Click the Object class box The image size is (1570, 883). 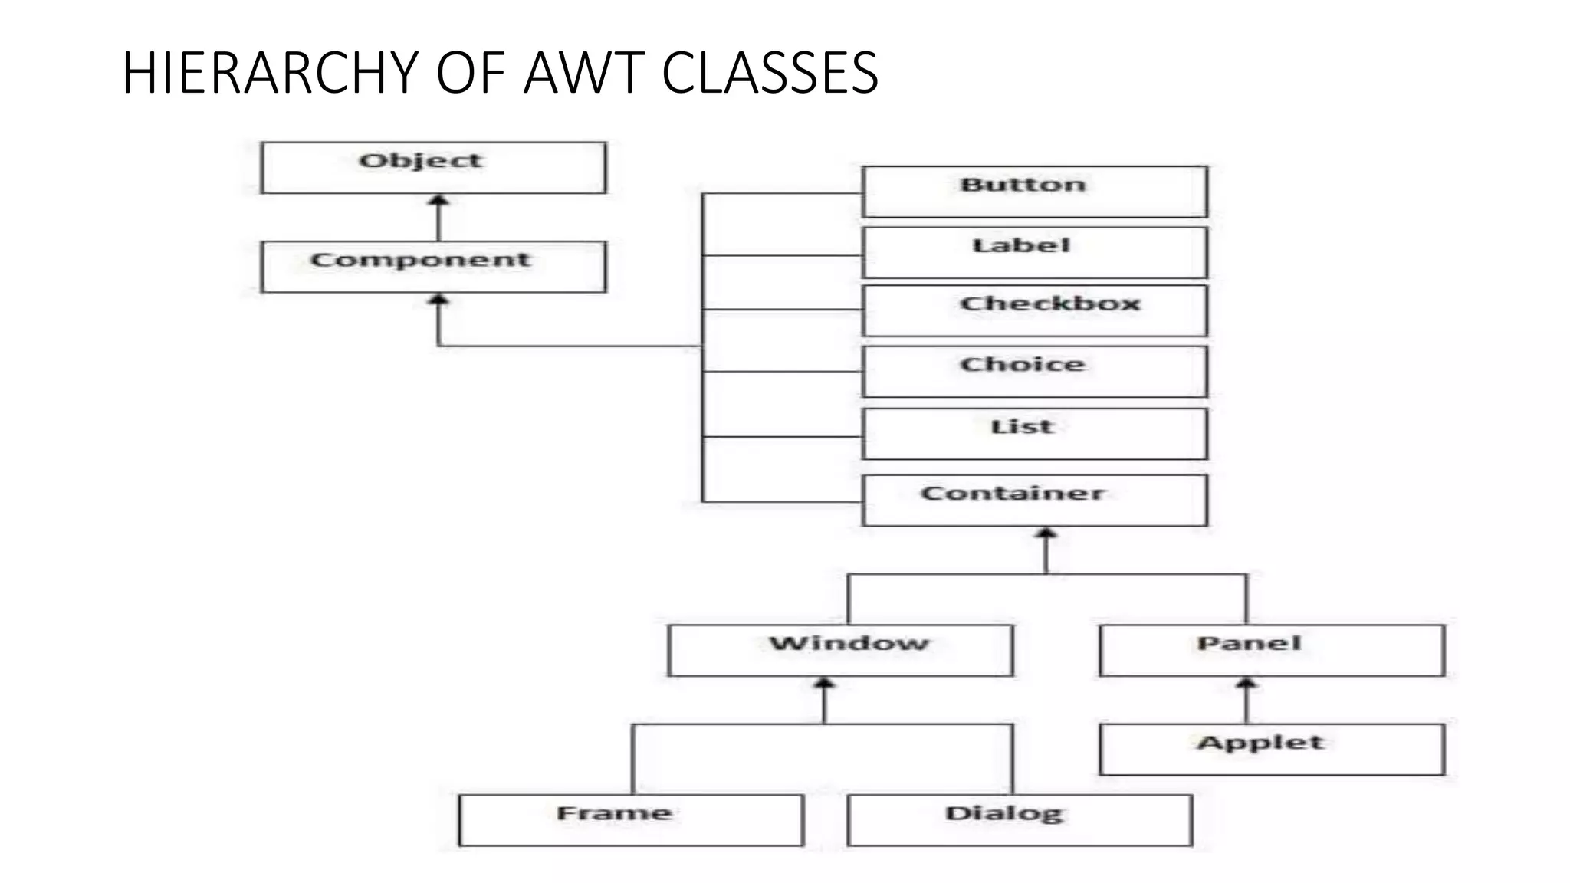tap(433, 167)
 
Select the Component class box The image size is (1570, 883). tap(433, 267)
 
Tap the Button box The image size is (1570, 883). tap(1034, 192)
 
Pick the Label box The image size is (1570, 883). tap(1034, 252)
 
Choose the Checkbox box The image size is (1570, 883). tap(1034, 310)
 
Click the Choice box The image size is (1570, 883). tap(1034, 371)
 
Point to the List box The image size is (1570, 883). tap(1034, 434)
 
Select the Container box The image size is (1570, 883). tap(1034, 500)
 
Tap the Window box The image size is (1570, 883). tap(840, 650)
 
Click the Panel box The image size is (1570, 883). tap(1272, 650)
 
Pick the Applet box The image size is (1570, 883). tap(1272, 749)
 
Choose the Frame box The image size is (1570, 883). tap(631, 820)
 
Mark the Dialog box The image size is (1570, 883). tap(1020, 820)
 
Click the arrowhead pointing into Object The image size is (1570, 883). tap(438, 201)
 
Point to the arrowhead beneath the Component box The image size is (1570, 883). tap(438, 300)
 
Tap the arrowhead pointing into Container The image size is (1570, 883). tap(1046, 533)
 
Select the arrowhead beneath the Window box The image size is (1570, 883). tap(824, 684)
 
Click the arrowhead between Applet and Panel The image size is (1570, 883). tap(1246, 684)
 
